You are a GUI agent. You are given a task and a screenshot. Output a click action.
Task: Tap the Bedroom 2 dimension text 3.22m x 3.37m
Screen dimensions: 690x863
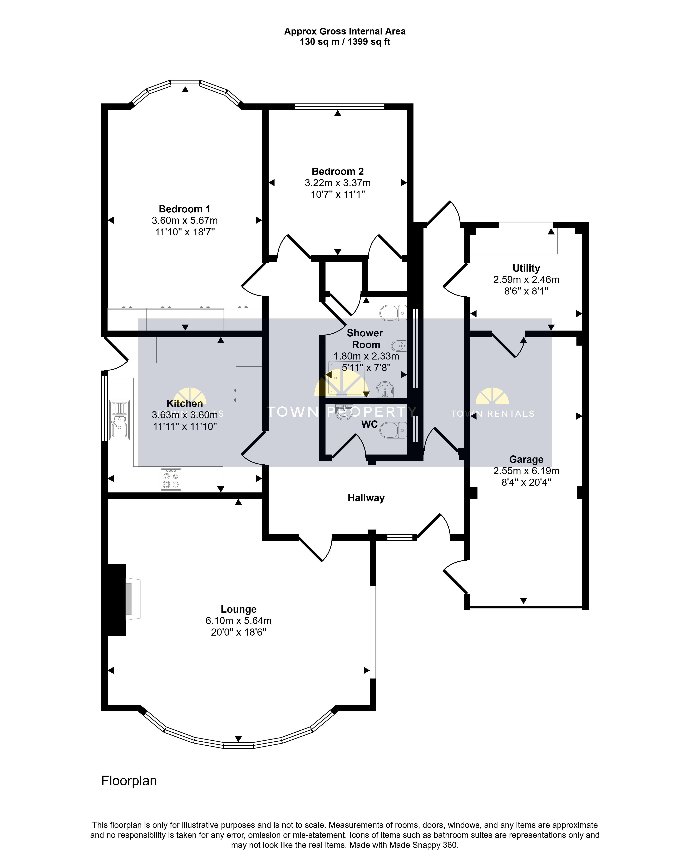click(x=338, y=183)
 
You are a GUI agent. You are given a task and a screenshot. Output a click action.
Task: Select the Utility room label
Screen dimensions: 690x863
click(x=526, y=268)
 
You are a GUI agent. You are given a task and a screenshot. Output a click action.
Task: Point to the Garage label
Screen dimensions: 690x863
click(x=526, y=460)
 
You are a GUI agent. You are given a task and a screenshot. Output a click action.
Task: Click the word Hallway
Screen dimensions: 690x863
click(x=366, y=498)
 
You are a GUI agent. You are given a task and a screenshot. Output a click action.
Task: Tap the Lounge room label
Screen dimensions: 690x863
click(x=239, y=609)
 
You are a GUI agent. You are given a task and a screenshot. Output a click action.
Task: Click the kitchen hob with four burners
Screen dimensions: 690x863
click(x=171, y=479)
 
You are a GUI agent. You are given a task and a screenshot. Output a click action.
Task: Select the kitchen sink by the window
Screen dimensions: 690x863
click(x=119, y=420)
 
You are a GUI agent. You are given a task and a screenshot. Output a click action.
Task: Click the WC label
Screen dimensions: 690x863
click(x=369, y=424)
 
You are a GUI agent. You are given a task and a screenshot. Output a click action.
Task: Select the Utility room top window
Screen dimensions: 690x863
click(x=526, y=225)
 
